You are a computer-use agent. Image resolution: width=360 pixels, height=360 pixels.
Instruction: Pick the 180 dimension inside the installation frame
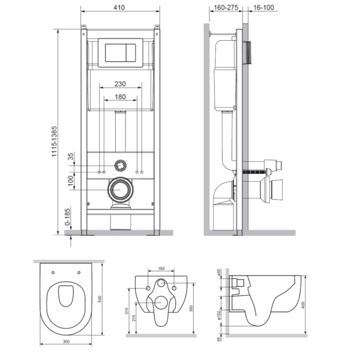pos(121,97)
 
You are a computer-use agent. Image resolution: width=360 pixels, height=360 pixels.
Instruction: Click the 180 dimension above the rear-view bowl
pos(161,269)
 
